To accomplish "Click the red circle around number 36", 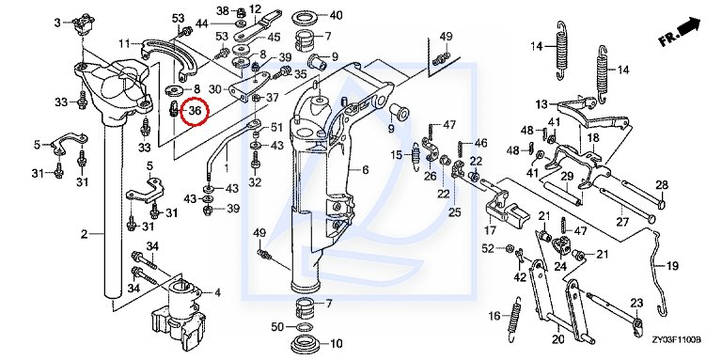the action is point(195,111).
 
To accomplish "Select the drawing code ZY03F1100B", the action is point(676,339).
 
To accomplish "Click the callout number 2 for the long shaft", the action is point(84,234).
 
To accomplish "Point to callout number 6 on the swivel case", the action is point(365,170).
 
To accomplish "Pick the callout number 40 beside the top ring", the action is point(336,16).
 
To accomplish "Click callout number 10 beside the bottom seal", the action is point(337,343).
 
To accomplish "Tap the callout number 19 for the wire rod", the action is point(672,266).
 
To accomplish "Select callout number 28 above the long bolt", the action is point(662,185).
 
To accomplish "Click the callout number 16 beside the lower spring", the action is point(494,316).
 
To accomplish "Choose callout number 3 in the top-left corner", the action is point(57,23).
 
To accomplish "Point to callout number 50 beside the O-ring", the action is point(277,327).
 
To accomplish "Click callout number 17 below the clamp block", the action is point(490,229).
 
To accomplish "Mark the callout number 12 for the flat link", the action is point(255,8).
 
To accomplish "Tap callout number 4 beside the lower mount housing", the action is point(217,292).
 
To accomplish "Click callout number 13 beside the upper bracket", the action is point(541,104).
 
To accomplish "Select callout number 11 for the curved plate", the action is point(124,44).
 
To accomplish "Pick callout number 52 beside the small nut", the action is point(488,248).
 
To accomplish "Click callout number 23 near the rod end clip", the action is point(636,303).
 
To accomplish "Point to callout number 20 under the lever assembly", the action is point(557,340).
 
